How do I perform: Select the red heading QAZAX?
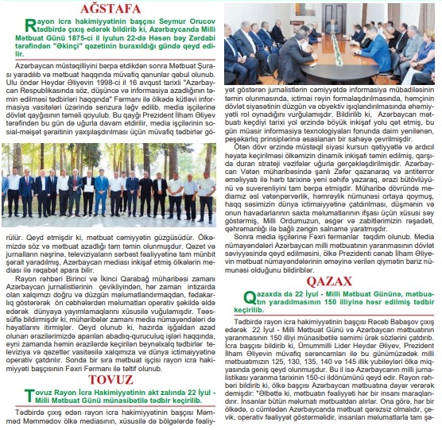[x=330, y=281]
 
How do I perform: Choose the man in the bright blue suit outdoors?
[x=100, y=191]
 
